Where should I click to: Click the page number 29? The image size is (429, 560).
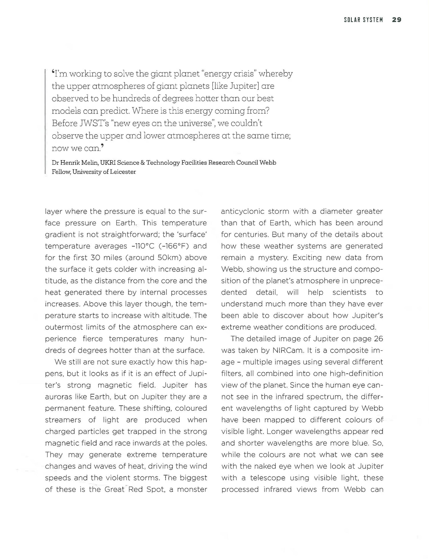point(396,20)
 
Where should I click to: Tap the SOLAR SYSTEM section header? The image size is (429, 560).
point(363,20)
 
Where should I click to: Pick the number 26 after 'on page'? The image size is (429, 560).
point(378,339)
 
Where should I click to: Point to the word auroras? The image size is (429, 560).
point(57,397)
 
